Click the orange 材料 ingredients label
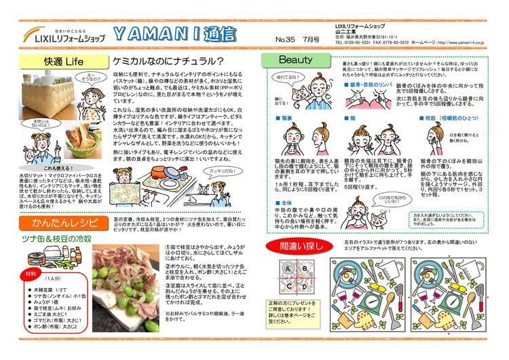coord(32,274)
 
